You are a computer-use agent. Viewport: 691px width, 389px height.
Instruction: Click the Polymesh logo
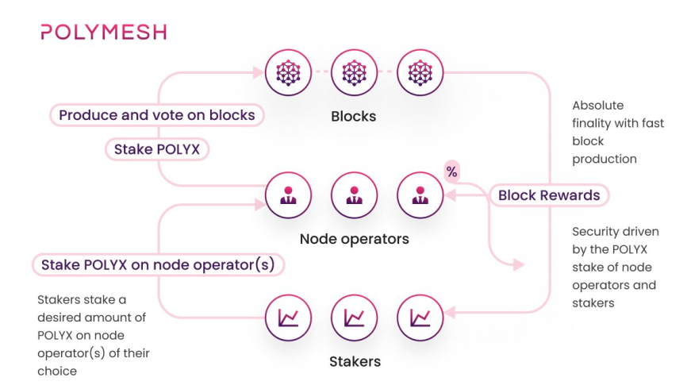103,33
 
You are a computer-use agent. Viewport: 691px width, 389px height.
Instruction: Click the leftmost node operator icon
287,194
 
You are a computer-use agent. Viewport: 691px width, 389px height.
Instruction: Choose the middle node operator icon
353,194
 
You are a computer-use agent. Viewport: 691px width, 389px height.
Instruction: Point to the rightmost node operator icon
419,194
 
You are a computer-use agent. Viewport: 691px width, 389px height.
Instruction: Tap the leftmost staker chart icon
287,318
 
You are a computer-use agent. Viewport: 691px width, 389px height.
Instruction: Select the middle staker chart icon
353,318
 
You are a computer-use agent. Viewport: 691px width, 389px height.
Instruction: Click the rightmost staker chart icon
419,318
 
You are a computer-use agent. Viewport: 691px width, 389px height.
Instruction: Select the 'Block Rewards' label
549,195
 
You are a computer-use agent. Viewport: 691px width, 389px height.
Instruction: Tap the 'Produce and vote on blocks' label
157,115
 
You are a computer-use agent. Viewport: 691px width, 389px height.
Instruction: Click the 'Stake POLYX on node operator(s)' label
158,264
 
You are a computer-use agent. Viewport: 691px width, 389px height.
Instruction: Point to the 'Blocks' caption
353,117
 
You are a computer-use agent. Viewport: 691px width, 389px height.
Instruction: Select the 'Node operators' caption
354,239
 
